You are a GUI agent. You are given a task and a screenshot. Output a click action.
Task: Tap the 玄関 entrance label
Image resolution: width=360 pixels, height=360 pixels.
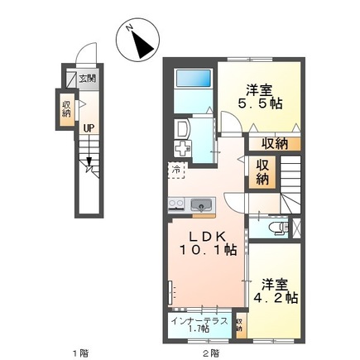pyautogui.click(x=87, y=79)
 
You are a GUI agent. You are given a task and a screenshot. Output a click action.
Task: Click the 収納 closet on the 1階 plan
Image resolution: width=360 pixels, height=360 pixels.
pyautogui.click(x=66, y=108)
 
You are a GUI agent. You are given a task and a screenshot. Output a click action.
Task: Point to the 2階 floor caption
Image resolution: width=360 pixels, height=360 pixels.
pyautogui.click(x=210, y=352)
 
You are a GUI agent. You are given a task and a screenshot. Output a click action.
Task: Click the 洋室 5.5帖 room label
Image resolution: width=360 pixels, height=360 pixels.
pyautogui.click(x=258, y=98)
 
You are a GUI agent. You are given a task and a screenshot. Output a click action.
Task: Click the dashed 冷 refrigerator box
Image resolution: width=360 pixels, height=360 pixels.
pyautogui.click(x=176, y=169)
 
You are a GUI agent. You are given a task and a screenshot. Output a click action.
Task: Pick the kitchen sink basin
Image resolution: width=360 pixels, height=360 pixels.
pyautogui.click(x=200, y=205)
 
